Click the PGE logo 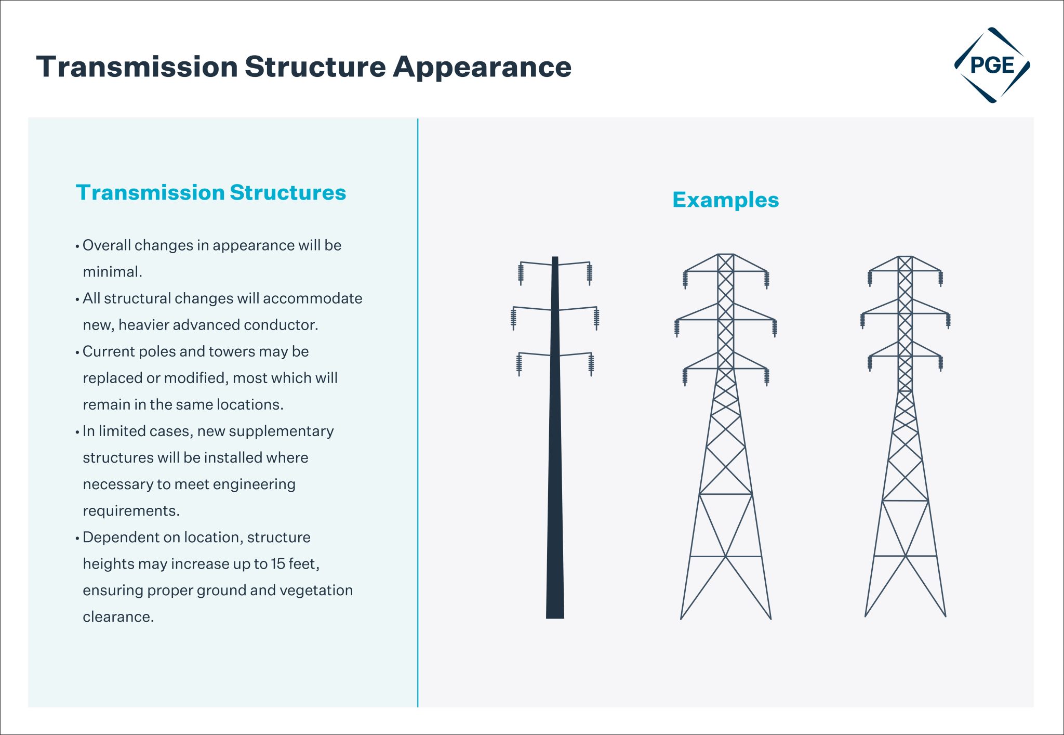tap(992, 65)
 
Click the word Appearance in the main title tap(482, 67)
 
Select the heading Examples tap(725, 200)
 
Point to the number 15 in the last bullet tap(278, 564)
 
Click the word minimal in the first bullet tap(111, 272)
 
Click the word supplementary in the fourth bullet tap(281, 431)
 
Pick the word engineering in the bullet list tap(254, 484)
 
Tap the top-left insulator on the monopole tap(521, 273)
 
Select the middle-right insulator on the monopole tap(596, 318)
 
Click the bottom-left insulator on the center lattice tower tap(685, 377)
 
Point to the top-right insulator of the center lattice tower tap(766, 280)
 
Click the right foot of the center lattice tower tap(770, 618)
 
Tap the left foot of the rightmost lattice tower tap(866, 615)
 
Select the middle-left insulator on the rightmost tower tap(862, 320)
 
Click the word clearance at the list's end tap(118, 617)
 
